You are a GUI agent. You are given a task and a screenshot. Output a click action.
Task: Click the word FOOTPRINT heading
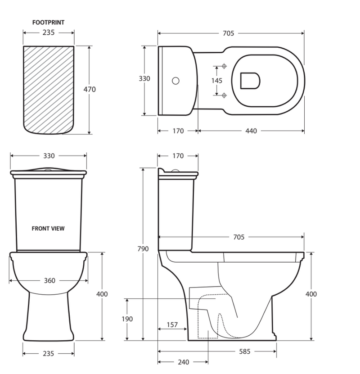click(x=48, y=22)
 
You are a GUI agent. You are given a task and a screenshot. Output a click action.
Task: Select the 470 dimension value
click(x=90, y=89)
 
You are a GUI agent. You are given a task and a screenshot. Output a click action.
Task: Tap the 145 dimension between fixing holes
click(x=216, y=81)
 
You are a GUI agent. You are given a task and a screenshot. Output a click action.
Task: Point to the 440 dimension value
click(x=251, y=131)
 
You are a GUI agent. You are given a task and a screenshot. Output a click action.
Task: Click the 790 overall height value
click(x=143, y=249)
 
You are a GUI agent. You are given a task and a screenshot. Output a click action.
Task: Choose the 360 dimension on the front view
click(x=49, y=281)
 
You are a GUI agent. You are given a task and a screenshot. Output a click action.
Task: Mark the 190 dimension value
click(x=127, y=319)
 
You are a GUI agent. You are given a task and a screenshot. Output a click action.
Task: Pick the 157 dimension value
click(x=172, y=325)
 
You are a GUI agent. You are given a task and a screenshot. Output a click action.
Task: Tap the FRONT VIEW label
click(x=48, y=228)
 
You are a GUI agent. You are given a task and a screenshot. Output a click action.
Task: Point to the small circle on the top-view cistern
click(x=176, y=81)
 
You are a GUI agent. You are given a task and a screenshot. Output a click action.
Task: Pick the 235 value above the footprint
click(x=48, y=33)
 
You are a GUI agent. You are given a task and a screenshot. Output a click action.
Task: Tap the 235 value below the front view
click(x=48, y=354)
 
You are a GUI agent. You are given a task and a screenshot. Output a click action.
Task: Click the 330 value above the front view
click(x=49, y=156)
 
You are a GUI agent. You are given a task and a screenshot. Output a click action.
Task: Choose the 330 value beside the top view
click(x=144, y=79)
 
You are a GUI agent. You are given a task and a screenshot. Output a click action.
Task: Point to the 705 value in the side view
click(x=238, y=237)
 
